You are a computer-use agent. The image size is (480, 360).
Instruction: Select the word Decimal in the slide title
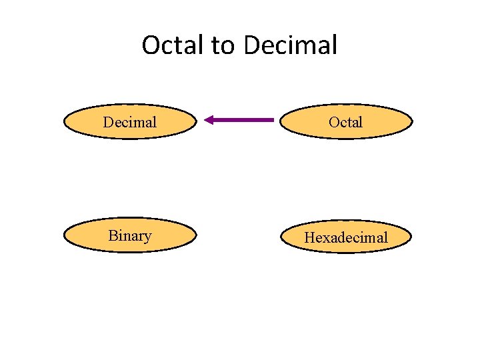[291, 45]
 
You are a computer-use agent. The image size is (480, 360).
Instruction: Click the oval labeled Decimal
[130, 121]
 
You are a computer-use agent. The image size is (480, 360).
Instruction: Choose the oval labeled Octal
[346, 121]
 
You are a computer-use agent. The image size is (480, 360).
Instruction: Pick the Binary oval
[130, 236]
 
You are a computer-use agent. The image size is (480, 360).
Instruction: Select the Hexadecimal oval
[346, 237]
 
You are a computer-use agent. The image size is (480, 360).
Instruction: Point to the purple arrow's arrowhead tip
[205, 120]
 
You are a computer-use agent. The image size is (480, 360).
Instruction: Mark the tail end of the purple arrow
[273, 120]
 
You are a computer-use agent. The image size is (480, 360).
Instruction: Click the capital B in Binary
[113, 235]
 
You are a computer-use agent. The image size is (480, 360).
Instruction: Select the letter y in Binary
[147, 238]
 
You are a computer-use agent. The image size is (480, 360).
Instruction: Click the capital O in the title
[151, 45]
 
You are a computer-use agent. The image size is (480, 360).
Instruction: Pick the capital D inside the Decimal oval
[108, 122]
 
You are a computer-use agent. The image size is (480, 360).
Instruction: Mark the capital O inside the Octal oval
[334, 122]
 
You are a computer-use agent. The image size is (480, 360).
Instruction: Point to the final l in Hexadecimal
[385, 237]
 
